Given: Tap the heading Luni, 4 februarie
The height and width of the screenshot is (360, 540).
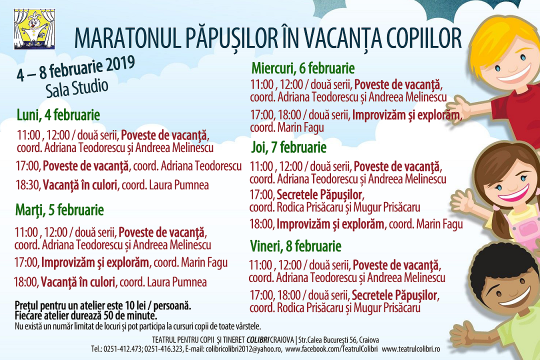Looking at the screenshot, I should [58, 115].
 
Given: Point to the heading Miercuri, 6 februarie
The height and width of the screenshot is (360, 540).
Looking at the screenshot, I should [303, 67].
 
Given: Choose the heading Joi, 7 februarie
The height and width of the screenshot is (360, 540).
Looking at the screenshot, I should [288, 147].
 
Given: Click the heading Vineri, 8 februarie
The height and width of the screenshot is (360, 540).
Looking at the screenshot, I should [295, 246].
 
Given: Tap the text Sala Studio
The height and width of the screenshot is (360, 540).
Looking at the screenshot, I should [77, 88].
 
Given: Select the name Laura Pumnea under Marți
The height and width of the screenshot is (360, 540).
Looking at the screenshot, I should [176, 282].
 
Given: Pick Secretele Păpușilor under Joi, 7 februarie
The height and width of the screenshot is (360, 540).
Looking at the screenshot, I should [320, 194].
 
